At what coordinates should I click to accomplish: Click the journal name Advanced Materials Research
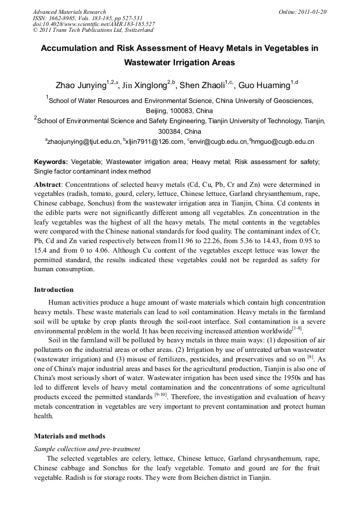coord(70,12)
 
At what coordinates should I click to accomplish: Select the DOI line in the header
coord(93,24)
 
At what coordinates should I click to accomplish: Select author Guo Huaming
coord(263,85)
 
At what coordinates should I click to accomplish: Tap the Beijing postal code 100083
coord(181,111)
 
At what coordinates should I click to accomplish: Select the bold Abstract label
coord(48,184)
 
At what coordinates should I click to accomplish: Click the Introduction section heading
coord(54,290)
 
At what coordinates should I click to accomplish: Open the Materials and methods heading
coord(70,436)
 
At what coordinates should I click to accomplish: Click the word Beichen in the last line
coord(190,477)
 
